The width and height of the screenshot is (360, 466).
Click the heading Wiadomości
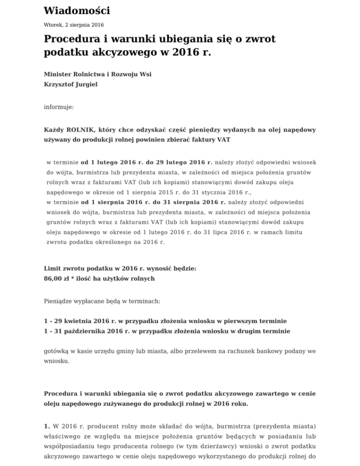point(74,10)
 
